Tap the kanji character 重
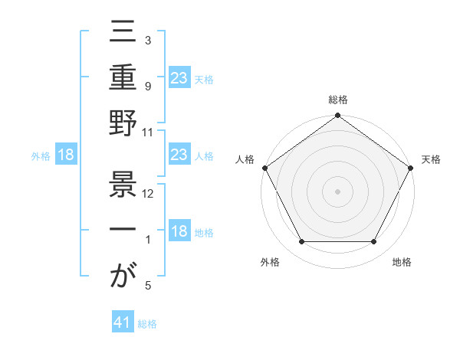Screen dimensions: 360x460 123,79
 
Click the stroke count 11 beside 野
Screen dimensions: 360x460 149,133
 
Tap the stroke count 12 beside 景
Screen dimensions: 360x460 149,194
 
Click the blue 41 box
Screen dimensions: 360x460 122,323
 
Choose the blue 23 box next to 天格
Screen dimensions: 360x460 179,77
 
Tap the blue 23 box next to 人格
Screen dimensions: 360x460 179,155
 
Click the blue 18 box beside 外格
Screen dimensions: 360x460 66,155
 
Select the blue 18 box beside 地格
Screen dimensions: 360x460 179,232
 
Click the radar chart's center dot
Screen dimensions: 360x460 337,191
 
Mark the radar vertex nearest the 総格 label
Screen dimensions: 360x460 337,116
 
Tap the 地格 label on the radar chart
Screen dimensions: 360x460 402,263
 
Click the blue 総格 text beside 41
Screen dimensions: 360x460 147,324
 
